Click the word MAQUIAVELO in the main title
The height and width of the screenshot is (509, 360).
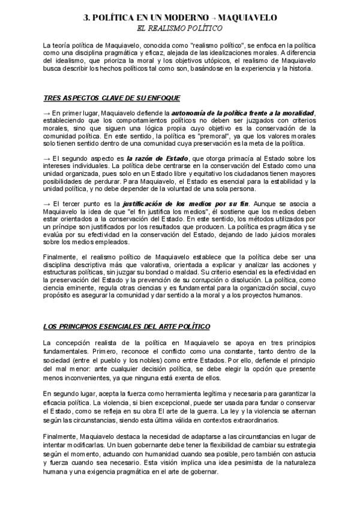tap(248, 19)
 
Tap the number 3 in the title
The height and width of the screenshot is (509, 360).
tap(85, 19)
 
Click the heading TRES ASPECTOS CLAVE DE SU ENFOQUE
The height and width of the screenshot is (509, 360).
tap(112, 97)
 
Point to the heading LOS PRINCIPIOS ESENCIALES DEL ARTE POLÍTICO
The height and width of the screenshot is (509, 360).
tap(126, 327)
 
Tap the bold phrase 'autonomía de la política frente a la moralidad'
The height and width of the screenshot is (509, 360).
tap(252, 112)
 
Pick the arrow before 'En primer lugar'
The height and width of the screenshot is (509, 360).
tap(47, 112)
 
